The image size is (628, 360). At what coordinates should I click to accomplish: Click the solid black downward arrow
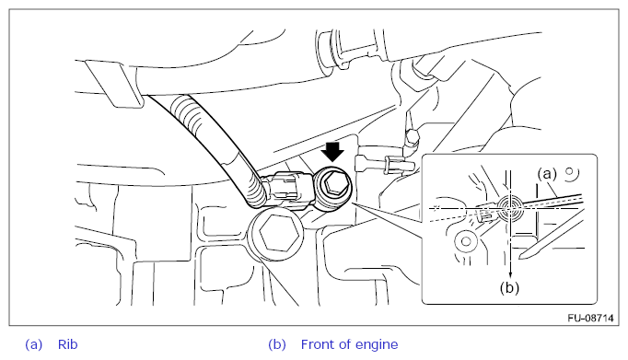pyautogui.click(x=332, y=152)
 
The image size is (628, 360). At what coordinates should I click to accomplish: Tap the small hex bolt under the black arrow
pyautogui.click(x=333, y=186)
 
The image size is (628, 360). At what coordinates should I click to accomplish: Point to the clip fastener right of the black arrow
pyautogui.click(x=385, y=163)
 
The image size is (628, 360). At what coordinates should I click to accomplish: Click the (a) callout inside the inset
pyautogui.click(x=547, y=173)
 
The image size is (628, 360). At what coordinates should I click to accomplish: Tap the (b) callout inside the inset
pyautogui.click(x=509, y=287)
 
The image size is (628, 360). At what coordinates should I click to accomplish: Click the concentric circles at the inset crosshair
pyautogui.click(x=510, y=208)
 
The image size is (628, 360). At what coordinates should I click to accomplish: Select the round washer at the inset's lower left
pyautogui.click(x=465, y=241)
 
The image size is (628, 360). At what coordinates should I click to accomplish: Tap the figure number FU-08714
pyautogui.click(x=590, y=318)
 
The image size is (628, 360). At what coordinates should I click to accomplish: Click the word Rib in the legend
pyautogui.click(x=68, y=344)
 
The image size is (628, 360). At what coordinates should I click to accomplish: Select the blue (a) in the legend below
pyautogui.click(x=34, y=344)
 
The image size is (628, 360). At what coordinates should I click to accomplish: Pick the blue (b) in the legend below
pyautogui.click(x=277, y=344)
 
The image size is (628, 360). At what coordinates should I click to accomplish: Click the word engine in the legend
pyautogui.click(x=377, y=345)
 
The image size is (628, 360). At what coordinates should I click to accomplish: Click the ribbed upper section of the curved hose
pyautogui.click(x=189, y=115)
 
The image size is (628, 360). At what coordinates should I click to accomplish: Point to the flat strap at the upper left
pyautogui.click(x=114, y=84)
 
